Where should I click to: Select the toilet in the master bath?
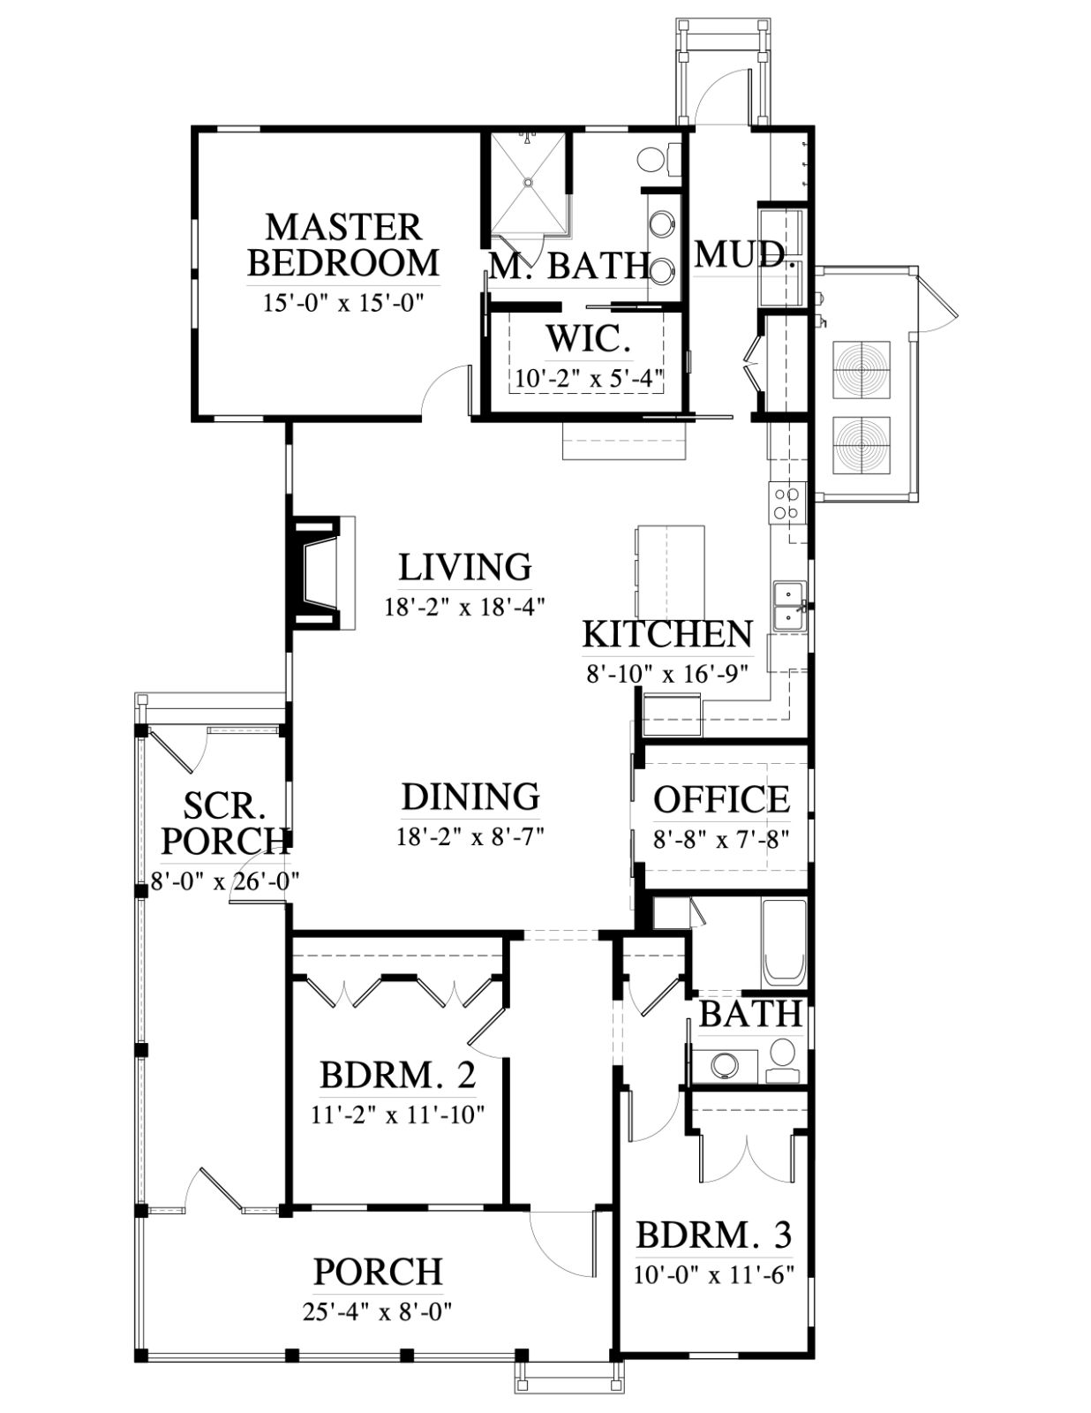(x=658, y=159)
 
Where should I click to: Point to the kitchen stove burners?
(x=787, y=502)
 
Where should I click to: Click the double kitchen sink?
(x=789, y=607)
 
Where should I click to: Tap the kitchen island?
(x=669, y=571)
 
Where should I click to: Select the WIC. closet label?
(x=589, y=339)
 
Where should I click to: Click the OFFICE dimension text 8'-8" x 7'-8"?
(x=721, y=839)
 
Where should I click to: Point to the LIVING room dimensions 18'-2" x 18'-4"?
(x=464, y=608)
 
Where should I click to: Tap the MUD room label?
(x=740, y=254)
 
